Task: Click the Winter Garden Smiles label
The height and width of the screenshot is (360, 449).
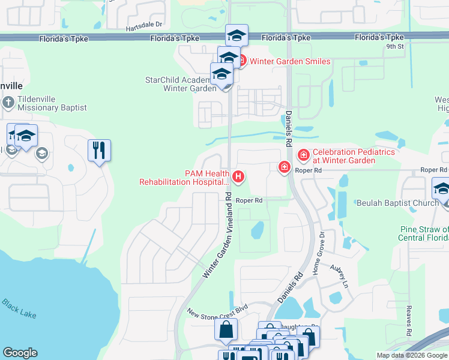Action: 289,61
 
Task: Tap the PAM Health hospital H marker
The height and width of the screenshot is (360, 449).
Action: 239,176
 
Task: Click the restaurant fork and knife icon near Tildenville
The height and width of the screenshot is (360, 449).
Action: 99,150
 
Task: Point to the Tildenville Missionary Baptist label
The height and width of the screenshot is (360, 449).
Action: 52,103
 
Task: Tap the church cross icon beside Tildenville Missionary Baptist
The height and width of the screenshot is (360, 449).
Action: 8,103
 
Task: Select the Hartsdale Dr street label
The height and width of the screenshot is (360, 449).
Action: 144,25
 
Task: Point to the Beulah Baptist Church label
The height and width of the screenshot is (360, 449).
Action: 397,203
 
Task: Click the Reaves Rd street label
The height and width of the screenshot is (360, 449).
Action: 408,320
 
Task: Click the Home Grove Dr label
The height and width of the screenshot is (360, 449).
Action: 318,253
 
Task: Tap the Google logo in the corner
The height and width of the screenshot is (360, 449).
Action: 20,353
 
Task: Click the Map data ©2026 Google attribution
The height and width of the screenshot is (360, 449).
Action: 412,355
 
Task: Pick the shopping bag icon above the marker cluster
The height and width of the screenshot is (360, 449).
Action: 226,329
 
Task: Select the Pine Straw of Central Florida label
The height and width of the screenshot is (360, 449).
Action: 424,233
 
